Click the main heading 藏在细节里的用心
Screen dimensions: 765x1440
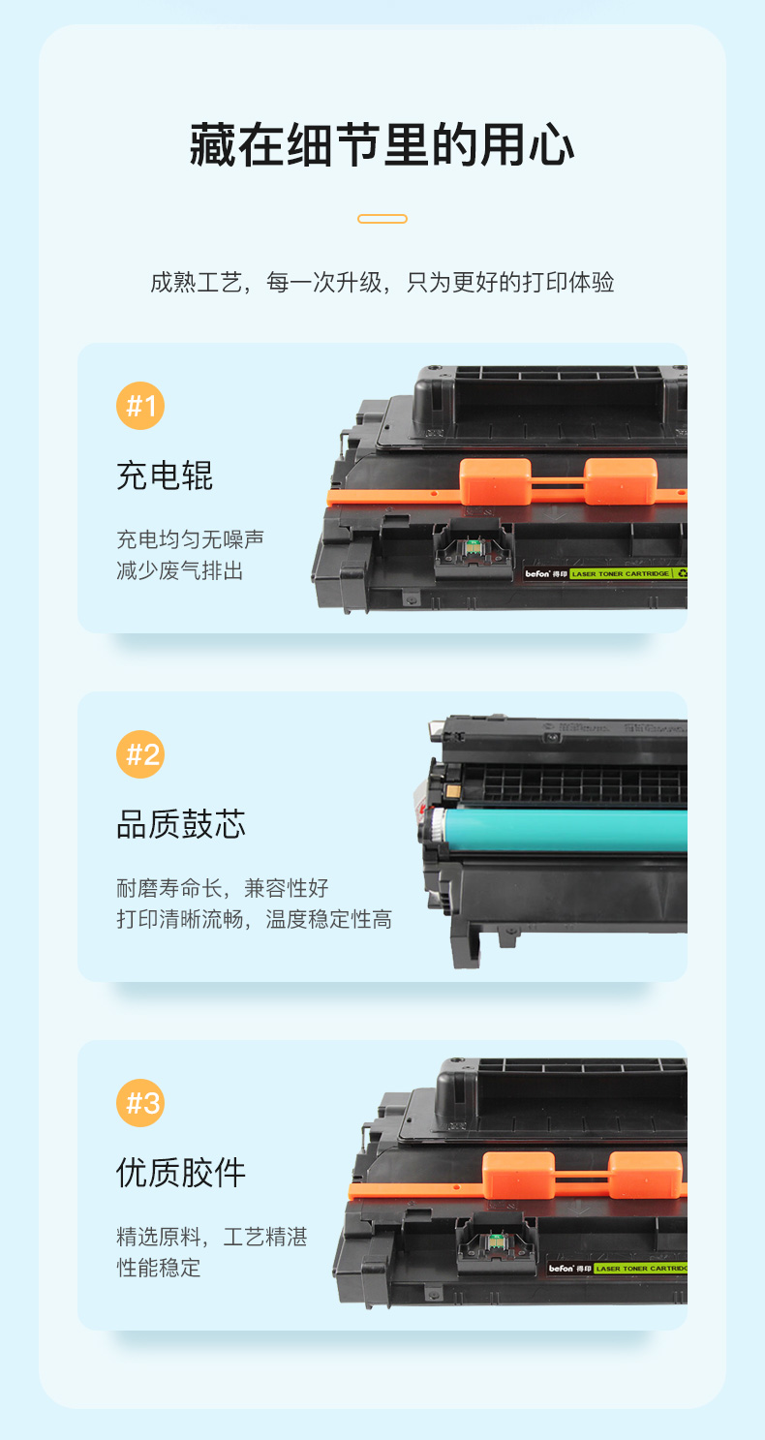[x=382, y=145]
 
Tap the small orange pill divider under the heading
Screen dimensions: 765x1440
[x=382, y=219]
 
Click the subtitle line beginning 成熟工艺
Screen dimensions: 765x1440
[x=382, y=282]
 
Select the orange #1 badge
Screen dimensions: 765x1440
[x=140, y=406]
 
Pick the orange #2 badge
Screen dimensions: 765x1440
[x=140, y=754]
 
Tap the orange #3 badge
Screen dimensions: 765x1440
[x=140, y=1102]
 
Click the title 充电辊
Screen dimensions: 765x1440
[x=165, y=475]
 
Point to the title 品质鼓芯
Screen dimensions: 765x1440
[x=181, y=824]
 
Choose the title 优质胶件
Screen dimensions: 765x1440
[x=181, y=1173]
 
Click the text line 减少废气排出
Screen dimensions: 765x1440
[x=180, y=570]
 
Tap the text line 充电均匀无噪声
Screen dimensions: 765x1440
[x=191, y=539]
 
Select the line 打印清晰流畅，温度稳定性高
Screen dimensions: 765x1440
[x=254, y=919]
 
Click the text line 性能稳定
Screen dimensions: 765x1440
[x=159, y=1268]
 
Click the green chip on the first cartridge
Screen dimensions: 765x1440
[x=473, y=548]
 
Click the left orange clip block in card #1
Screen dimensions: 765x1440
[x=495, y=481]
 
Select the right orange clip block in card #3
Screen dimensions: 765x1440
[x=646, y=1174]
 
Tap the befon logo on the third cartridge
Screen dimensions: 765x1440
[x=562, y=1269]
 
